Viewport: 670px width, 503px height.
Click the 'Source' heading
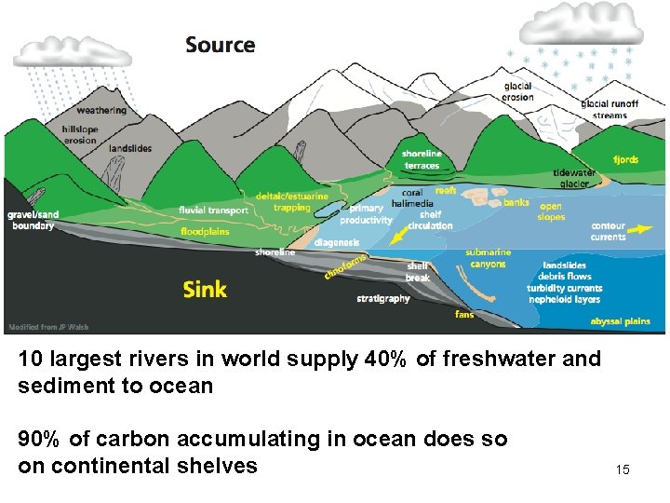220,45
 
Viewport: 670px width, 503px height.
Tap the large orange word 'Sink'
205,289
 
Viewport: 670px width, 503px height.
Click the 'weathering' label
101,111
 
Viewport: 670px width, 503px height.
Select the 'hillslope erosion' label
79,135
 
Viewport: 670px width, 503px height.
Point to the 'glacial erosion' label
517,91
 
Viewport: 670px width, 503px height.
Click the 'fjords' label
625,159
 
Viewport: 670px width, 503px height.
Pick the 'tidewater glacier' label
574,179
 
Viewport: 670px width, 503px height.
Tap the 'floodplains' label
205,232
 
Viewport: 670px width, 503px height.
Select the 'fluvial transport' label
213,211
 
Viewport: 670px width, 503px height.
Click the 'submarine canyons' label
488,258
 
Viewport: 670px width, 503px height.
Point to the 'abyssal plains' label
620,321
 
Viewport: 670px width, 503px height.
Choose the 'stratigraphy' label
383,299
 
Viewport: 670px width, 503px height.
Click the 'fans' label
463,315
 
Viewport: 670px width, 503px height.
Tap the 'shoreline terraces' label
422,160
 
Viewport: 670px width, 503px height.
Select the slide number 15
623,469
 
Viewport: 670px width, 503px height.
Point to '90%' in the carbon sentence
40,439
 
